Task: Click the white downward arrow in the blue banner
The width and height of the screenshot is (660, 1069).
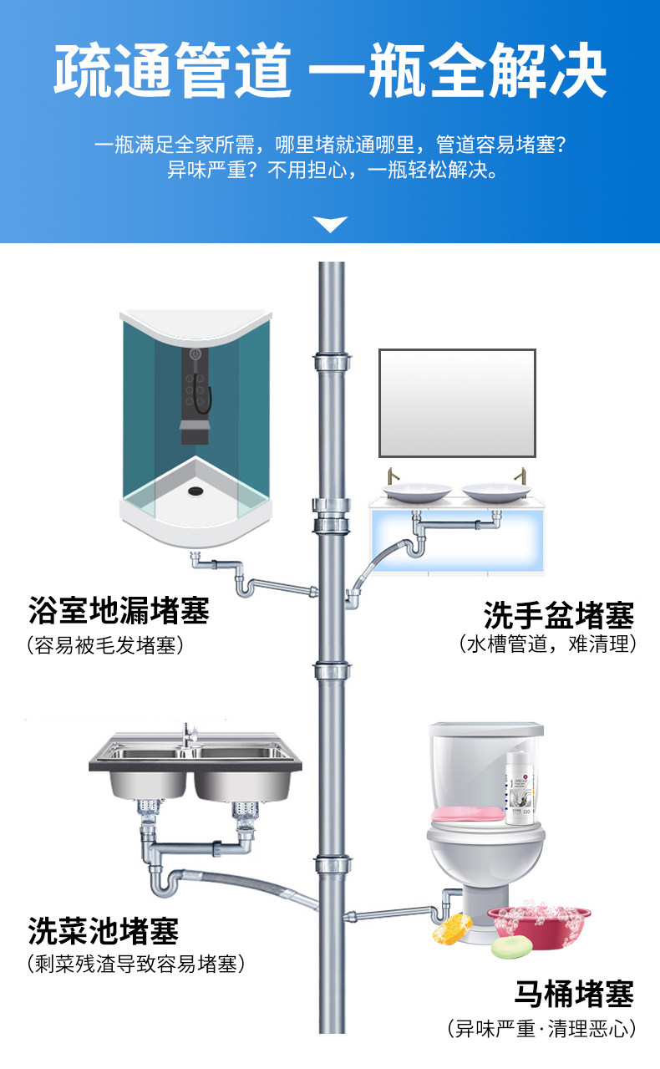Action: (330, 224)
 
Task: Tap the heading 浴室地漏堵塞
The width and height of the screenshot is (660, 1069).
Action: (119, 610)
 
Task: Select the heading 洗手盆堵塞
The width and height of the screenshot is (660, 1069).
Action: (559, 615)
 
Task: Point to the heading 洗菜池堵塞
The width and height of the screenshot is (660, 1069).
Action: (104, 929)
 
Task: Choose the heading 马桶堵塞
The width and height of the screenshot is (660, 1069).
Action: (574, 993)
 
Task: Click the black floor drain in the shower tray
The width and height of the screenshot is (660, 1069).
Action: (195, 490)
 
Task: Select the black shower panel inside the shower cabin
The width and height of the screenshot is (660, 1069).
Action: (195, 396)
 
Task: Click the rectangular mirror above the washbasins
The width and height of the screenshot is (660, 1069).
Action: (457, 403)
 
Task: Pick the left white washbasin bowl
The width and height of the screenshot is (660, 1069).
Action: (417, 492)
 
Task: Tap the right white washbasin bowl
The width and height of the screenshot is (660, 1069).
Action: (496, 492)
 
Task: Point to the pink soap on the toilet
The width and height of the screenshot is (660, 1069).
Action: (468, 814)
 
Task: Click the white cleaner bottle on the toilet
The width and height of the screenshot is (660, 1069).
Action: (520, 788)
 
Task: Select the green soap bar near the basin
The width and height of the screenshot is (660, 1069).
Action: (511, 946)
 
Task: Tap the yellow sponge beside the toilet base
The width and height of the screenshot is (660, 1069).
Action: (452, 928)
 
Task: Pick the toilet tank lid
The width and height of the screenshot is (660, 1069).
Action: (486, 729)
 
